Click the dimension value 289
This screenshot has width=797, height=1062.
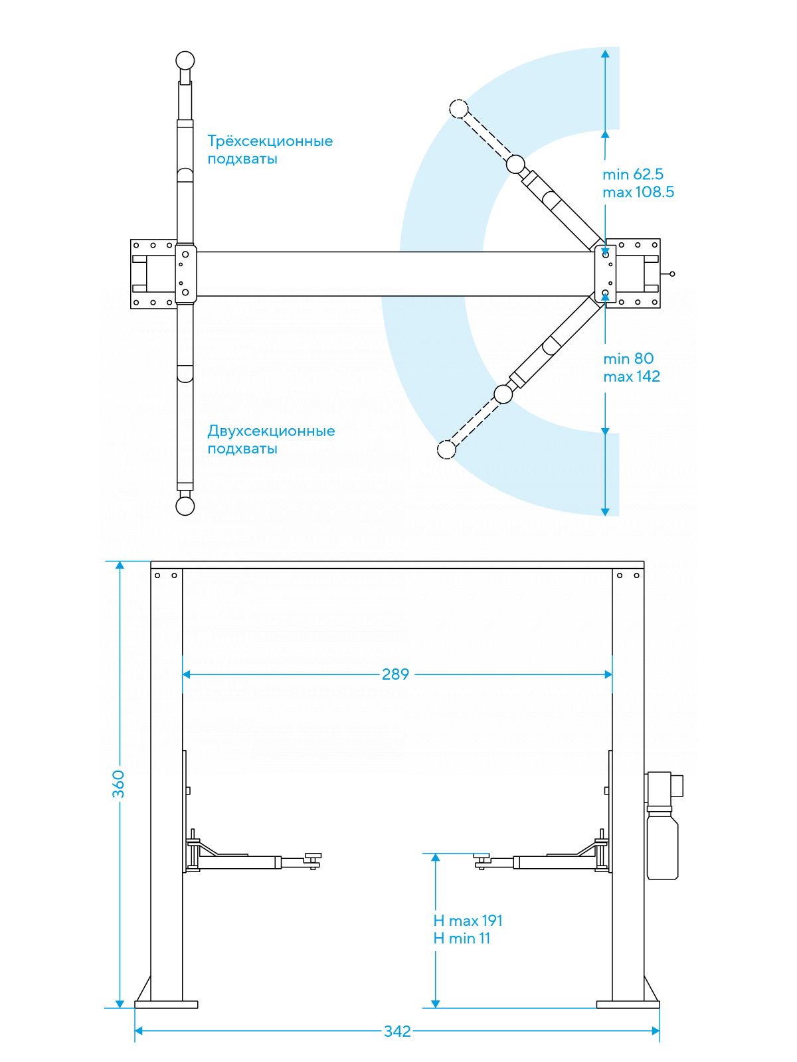(395, 674)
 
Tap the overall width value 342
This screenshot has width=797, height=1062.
(397, 1031)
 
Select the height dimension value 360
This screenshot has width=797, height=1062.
(118, 784)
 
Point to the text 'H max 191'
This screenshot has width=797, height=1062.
(468, 921)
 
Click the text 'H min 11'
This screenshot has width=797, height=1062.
(462, 939)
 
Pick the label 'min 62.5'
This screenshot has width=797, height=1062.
(633, 175)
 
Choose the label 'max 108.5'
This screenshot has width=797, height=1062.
(638, 192)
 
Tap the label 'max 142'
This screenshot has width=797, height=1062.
(632, 377)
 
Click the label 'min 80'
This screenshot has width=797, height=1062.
(628, 359)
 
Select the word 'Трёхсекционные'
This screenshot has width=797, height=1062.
(270, 141)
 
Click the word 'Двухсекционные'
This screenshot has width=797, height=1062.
(271, 431)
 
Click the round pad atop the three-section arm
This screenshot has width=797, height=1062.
(185, 61)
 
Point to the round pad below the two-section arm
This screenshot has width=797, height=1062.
(185, 506)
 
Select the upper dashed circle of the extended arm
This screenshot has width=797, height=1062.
(459, 109)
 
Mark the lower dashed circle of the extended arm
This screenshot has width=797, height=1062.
(447, 449)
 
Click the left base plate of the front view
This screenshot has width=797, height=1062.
(166, 1004)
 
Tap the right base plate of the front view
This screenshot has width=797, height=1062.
(628, 1004)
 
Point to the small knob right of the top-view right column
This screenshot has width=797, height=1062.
(672, 274)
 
